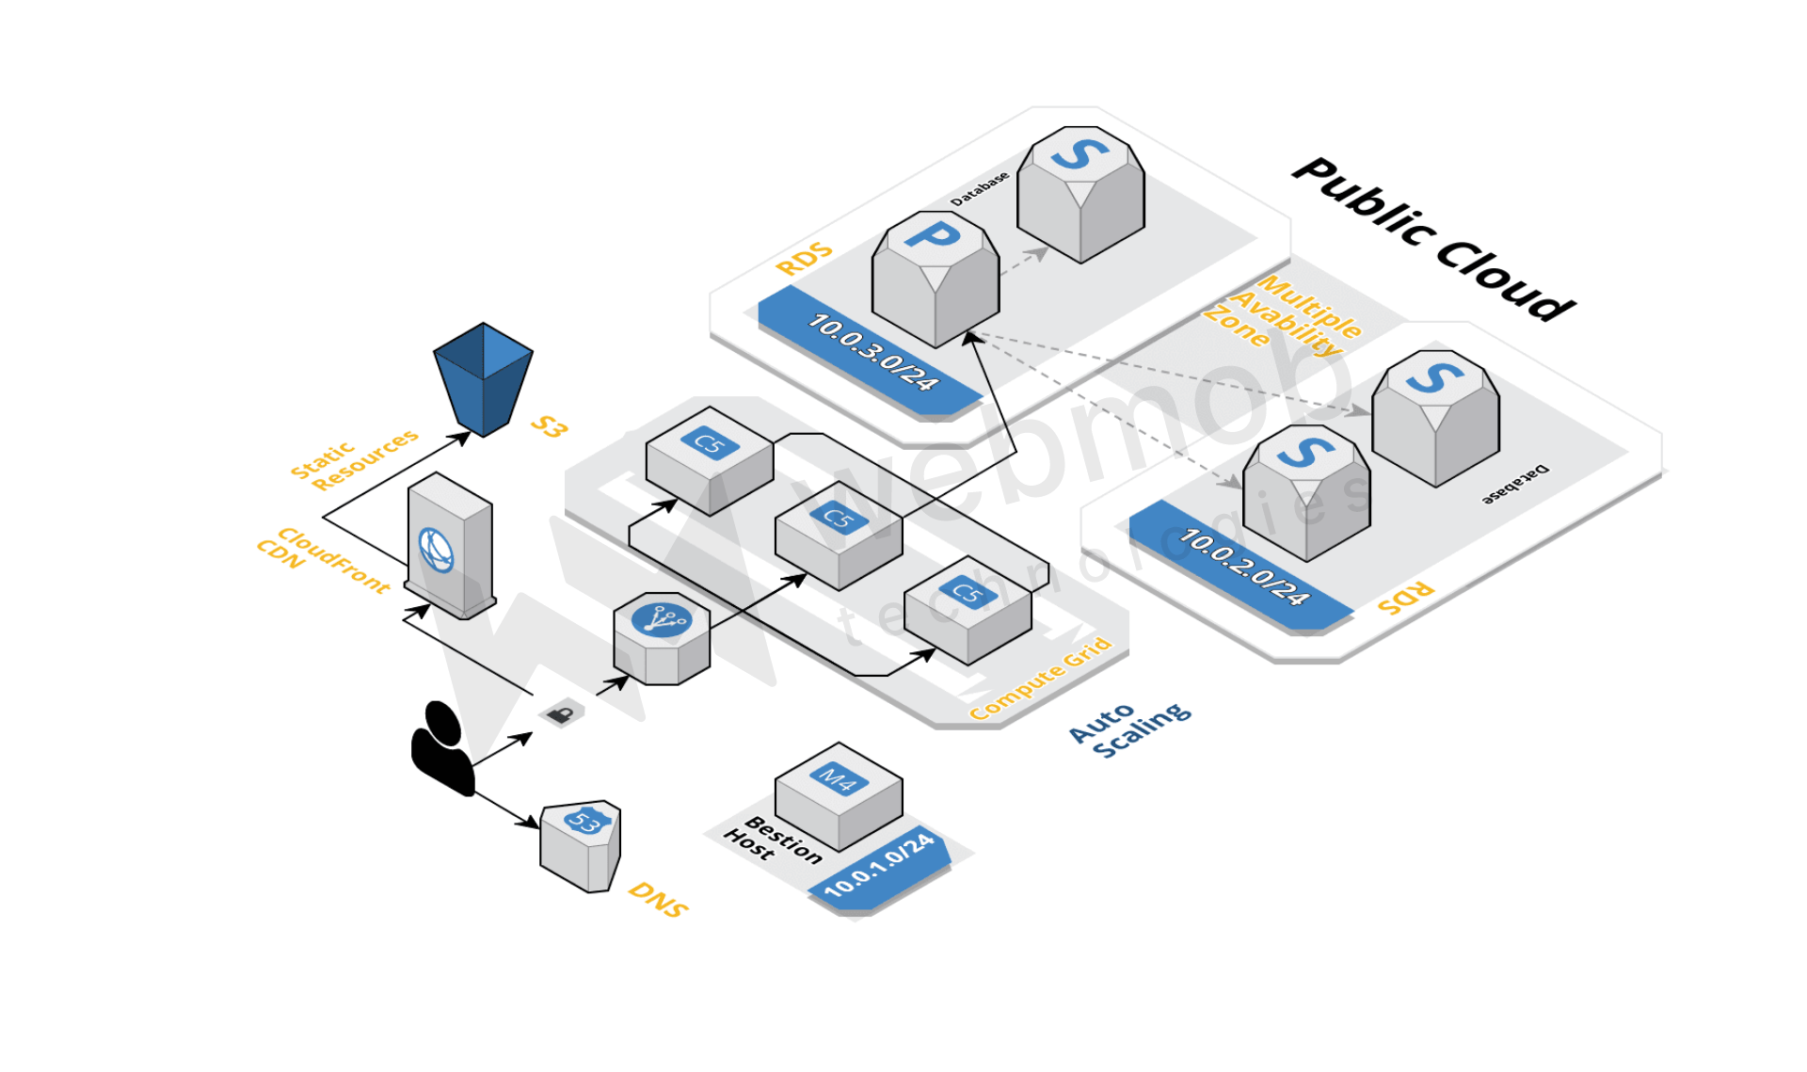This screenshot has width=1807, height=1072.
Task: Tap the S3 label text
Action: pyautogui.click(x=549, y=426)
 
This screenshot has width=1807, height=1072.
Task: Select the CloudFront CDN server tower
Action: pyautogui.click(x=450, y=546)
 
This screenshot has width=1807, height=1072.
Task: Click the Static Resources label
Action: pyautogui.click(x=353, y=458)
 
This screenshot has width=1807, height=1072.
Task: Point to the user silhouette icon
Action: pyautogui.click(x=441, y=748)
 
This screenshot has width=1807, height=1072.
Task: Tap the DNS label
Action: pyautogui.click(x=658, y=900)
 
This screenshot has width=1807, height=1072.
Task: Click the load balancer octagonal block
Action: pyautogui.click(x=661, y=639)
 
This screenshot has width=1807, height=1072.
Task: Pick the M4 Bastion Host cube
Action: pyautogui.click(x=838, y=795)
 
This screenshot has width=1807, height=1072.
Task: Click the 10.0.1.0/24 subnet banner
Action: pyautogui.click(x=879, y=867)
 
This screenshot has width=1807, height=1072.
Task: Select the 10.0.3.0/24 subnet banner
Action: pyautogui.click(x=872, y=352)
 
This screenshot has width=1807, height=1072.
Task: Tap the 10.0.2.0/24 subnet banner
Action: pyautogui.click(x=1242, y=566)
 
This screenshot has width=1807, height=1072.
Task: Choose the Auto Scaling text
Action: pyautogui.click(x=1129, y=728)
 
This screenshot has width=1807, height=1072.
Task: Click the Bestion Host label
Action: pyautogui.click(x=773, y=840)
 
